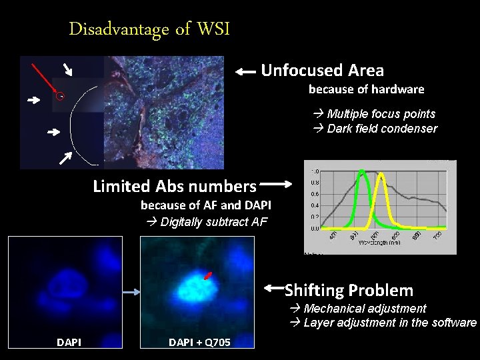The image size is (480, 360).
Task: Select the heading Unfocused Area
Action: click(x=322, y=70)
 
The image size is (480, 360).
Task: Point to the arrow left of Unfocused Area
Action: click(x=245, y=71)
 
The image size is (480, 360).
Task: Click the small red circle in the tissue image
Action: click(x=60, y=95)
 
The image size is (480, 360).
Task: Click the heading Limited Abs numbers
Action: click(x=175, y=186)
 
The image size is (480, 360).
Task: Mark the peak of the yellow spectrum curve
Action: click(x=381, y=174)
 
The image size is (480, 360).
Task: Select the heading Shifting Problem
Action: click(x=349, y=290)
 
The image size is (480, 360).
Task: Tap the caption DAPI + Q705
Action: click(x=199, y=342)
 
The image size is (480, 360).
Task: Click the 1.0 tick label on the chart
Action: click(x=314, y=171)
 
